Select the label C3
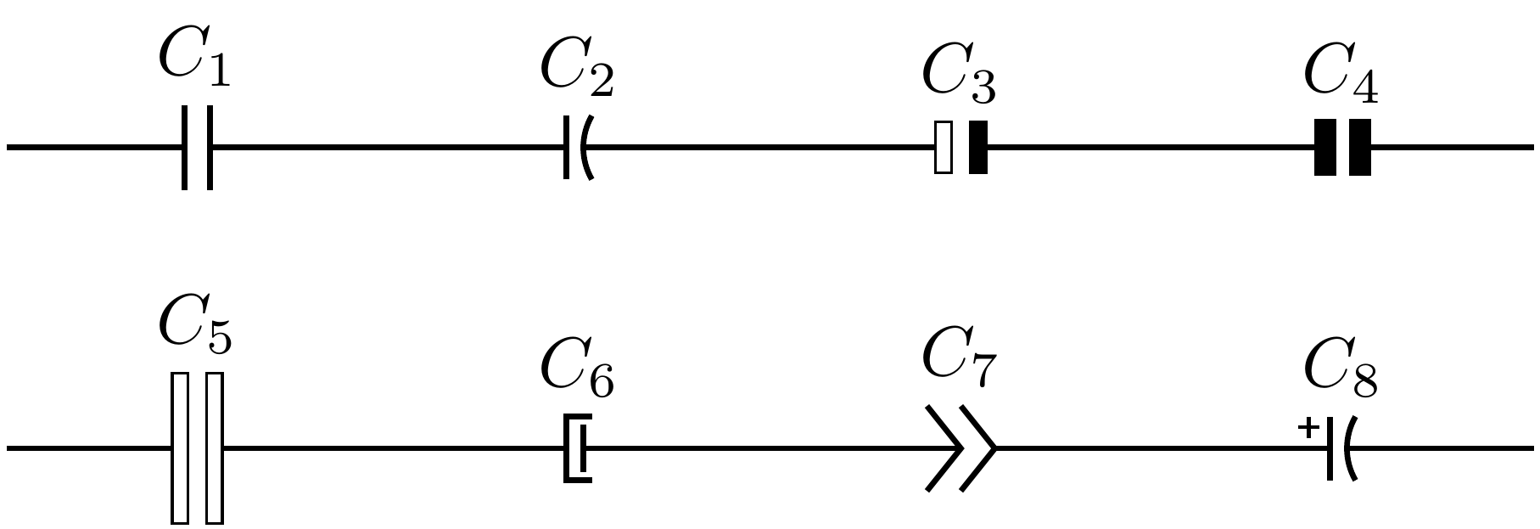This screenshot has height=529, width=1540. pos(959,77)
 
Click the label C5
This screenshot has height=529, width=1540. pos(194,326)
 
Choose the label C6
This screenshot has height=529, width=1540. pos(577,371)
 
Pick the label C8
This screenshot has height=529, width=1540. pos(1341,371)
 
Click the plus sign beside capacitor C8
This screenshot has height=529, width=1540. pos(1309,428)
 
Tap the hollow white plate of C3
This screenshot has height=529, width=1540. pos(943,148)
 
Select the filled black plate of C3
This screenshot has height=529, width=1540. pos(978,148)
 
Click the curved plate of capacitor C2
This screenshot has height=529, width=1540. pos(585,148)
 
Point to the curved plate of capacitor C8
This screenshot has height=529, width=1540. pos(1349,448)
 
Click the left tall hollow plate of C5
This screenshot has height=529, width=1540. pos(180,447)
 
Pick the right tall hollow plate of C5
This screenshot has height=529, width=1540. pos(215,447)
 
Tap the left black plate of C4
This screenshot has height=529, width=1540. pos(1324,148)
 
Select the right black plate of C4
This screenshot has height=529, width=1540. pos(1359,148)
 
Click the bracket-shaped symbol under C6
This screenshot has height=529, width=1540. pos(577,447)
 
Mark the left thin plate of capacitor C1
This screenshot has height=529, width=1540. pos(185,148)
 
